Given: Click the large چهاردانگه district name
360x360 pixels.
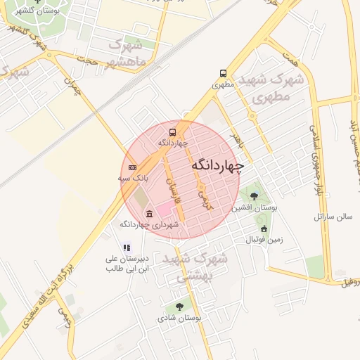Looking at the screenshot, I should click(x=217, y=165).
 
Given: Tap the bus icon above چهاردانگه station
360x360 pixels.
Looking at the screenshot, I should click(x=172, y=131).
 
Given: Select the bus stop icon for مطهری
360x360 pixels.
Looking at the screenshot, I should click(x=223, y=73).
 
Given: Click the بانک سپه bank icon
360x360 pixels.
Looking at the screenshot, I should click(x=133, y=167).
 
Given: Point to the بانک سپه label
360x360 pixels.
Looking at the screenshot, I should click(x=132, y=179).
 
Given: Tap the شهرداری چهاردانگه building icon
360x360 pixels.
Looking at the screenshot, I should click(x=148, y=214).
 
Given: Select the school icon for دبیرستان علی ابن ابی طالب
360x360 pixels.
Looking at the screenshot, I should click(x=127, y=247).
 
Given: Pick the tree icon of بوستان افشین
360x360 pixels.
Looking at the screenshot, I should click(x=254, y=196).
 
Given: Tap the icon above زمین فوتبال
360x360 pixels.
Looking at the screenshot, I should click(x=264, y=229).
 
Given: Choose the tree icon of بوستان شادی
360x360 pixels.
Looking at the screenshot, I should click(x=179, y=307).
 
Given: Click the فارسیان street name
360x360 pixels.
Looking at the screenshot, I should click(x=172, y=190).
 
